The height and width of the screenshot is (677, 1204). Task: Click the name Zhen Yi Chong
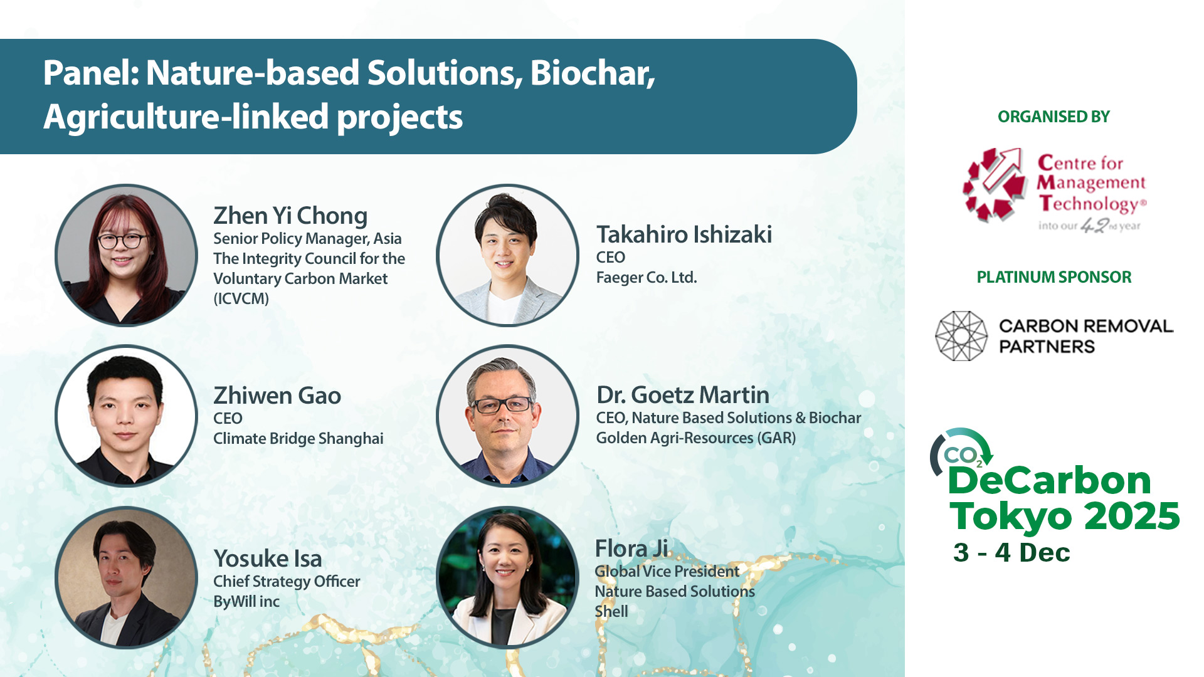[x=290, y=216]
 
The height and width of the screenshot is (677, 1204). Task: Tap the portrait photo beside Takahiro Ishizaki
[x=507, y=255]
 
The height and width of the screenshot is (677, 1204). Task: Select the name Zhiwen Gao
[x=277, y=396]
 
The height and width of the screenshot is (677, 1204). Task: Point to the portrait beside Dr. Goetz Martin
[x=507, y=416]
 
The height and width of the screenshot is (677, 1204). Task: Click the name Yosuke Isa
[x=268, y=559]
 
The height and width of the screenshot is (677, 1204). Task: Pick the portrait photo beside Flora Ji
[x=507, y=577]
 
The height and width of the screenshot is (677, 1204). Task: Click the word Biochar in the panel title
[x=593, y=73]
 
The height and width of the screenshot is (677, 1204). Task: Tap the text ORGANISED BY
[x=1053, y=117]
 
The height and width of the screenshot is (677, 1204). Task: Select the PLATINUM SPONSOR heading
[x=1054, y=277]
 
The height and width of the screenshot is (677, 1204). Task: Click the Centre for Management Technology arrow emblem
[x=995, y=185]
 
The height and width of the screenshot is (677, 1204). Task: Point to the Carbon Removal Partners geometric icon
[x=961, y=336]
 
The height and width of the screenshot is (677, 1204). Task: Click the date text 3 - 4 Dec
[x=1011, y=553]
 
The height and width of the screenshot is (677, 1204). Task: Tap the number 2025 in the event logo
[x=1133, y=516]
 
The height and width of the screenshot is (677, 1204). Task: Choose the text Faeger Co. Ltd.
[x=647, y=278]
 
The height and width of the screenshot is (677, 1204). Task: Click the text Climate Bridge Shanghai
[x=298, y=439]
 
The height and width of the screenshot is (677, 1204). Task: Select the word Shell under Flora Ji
[x=611, y=612]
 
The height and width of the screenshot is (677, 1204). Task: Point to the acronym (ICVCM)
[x=241, y=299]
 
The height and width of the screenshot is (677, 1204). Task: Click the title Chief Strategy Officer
[x=287, y=582]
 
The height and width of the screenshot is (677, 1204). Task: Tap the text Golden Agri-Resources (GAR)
[x=696, y=438]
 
